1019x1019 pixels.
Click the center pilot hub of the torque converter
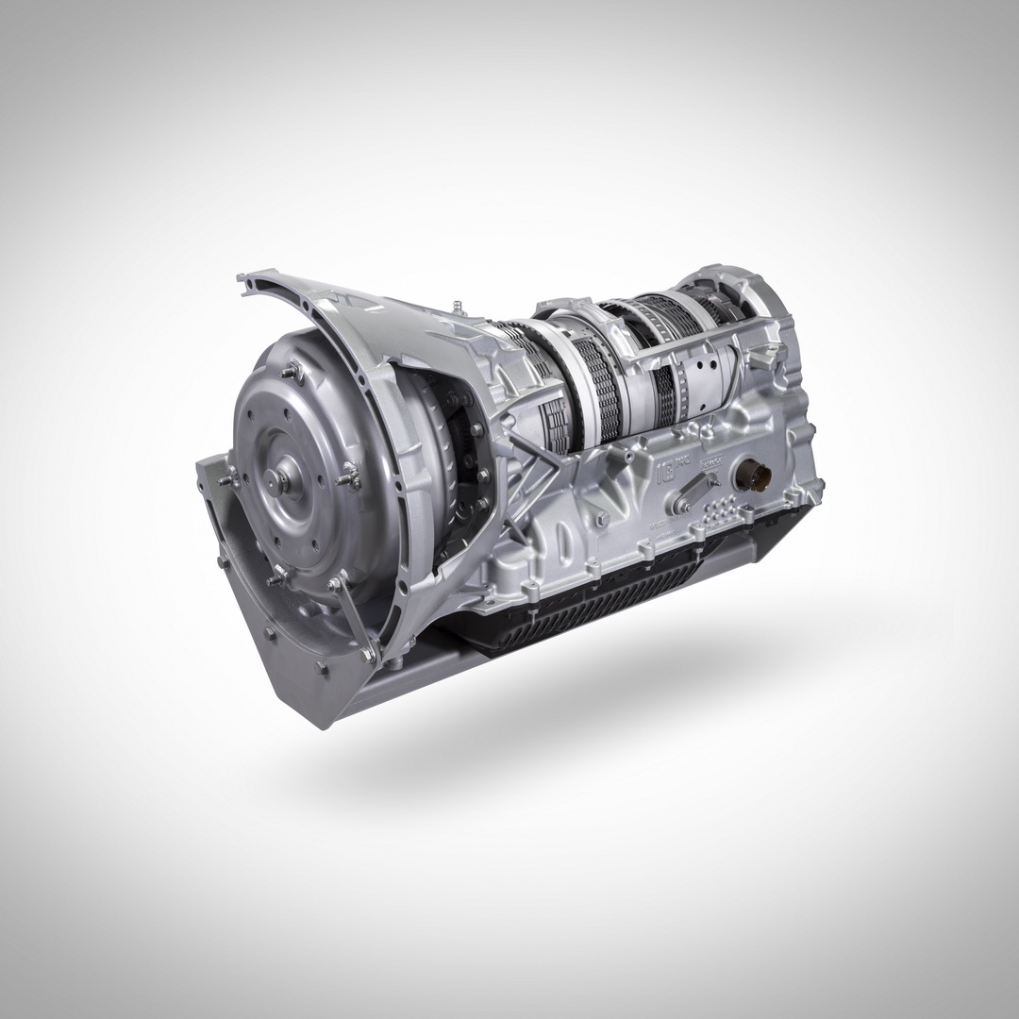click(280, 480)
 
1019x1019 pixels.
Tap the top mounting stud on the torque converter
click(295, 372)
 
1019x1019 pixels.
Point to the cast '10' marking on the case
click(669, 469)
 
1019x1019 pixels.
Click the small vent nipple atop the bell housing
click(456, 307)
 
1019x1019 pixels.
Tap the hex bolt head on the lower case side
click(598, 517)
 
